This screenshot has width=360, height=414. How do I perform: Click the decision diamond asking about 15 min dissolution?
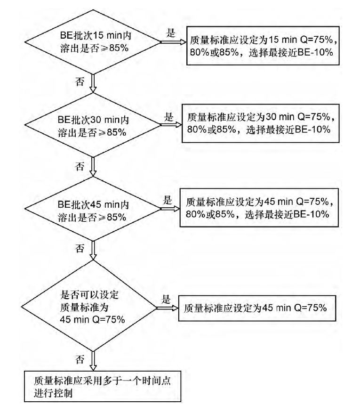tap(93, 42)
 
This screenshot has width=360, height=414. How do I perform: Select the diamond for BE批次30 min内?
tap(93, 125)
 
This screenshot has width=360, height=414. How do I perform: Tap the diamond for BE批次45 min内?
tap(93, 209)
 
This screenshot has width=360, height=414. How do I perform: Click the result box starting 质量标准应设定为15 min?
tap(263, 46)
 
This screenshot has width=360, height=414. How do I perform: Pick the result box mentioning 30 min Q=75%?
tap(261, 123)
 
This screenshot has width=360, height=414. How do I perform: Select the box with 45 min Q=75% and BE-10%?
tap(259, 208)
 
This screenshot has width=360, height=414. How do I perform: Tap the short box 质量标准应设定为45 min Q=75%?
tap(257, 308)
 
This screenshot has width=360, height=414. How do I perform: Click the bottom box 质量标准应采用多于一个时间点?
tap(103, 386)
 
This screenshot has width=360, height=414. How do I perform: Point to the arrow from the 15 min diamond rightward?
tap(174, 42)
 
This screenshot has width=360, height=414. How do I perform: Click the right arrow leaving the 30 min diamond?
tap(171, 125)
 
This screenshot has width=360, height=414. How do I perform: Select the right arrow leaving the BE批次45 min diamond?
tap(170, 209)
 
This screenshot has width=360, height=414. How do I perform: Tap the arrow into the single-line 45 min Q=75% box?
tap(168, 308)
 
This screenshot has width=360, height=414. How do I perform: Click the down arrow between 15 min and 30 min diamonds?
tap(93, 83)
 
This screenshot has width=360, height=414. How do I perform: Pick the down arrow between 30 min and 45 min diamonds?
tap(93, 167)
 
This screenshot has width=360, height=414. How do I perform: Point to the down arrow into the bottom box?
tap(93, 361)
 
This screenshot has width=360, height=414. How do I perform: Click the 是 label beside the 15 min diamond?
tap(171, 33)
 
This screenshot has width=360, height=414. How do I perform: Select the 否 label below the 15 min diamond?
tap(80, 81)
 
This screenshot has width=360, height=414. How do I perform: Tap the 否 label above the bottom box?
tap(80, 359)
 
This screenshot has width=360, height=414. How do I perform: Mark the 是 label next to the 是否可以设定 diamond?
tap(166, 299)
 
